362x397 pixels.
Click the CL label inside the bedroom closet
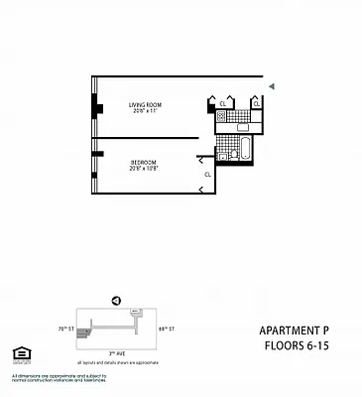207,175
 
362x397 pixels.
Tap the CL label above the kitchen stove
223,102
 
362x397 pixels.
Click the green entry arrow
274,86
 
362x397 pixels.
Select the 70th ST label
67,329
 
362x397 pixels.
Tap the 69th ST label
166,329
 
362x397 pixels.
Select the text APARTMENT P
297,331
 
